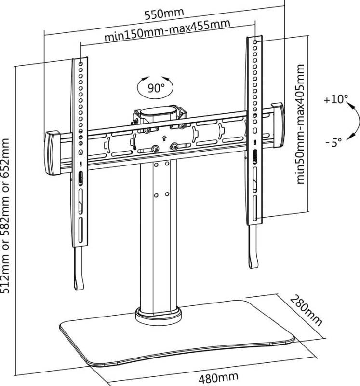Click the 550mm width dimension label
164,14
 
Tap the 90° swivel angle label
156,88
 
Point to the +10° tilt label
336,99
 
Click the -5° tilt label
334,142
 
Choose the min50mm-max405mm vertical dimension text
300,124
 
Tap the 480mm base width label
218,378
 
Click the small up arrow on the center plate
164,138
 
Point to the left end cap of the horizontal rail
53,152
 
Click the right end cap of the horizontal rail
278,125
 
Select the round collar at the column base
159,316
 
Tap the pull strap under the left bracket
79,268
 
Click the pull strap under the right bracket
253,247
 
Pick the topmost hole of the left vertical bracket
80,64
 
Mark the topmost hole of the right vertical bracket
255,42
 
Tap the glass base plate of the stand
176,333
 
